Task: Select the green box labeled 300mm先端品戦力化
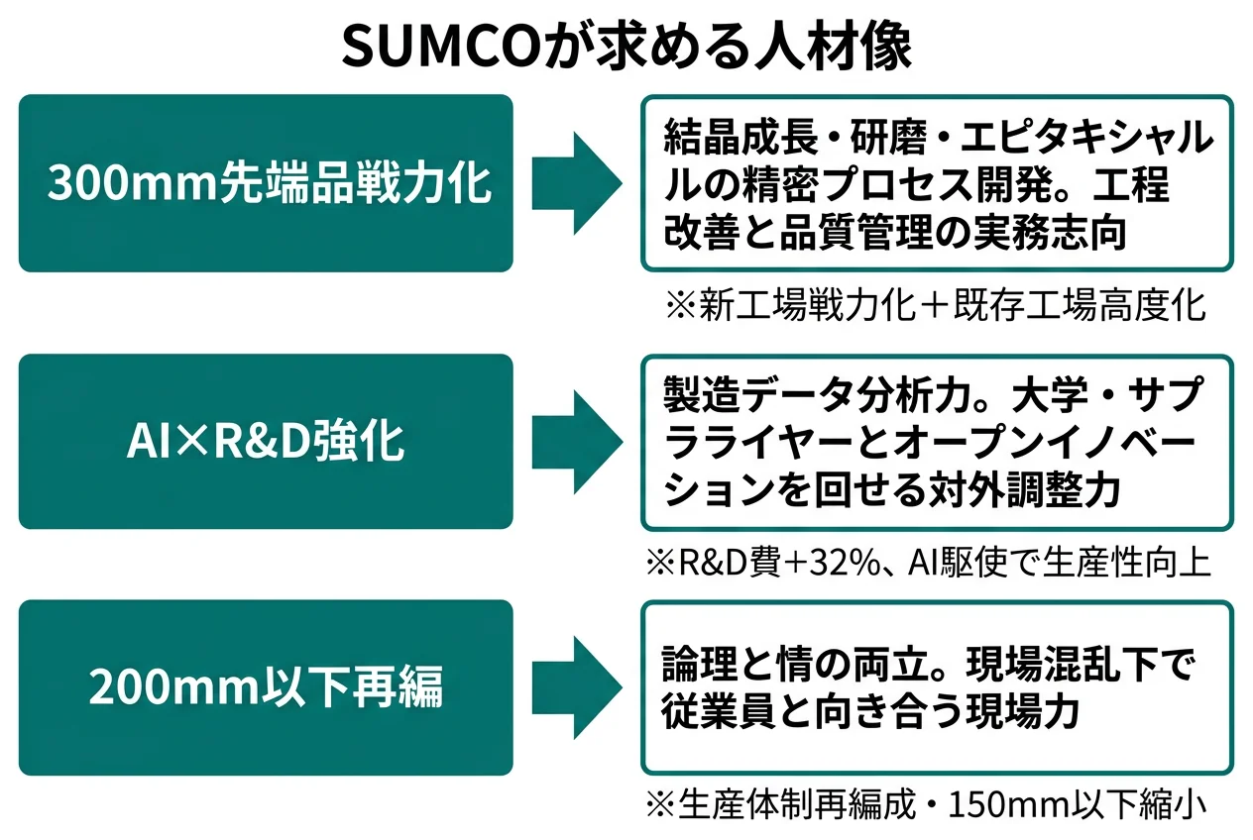tap(266, 183)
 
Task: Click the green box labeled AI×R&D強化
tap(266, 442)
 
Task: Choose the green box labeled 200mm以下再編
tap(266, 687)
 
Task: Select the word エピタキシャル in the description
tap(1090, 138)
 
